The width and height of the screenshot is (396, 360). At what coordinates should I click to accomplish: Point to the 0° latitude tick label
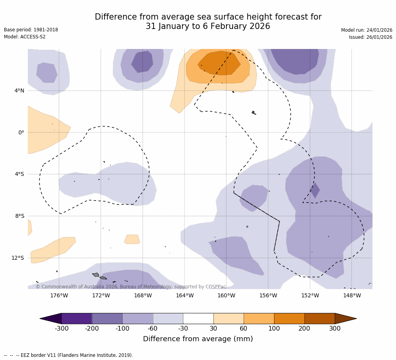21,132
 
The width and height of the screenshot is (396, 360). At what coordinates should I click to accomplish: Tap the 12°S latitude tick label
18,258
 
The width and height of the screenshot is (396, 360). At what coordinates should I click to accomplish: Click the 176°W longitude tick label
59,295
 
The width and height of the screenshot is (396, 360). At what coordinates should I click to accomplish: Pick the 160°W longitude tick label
226,295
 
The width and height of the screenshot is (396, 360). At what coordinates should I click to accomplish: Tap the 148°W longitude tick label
352,295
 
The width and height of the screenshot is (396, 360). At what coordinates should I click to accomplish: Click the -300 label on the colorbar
61,329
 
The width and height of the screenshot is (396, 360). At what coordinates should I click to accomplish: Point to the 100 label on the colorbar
274,329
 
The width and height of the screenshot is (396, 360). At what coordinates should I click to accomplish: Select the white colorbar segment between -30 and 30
198,318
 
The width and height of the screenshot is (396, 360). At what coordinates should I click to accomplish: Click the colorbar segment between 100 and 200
289,318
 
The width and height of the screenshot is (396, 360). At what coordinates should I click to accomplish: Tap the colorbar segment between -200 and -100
107,318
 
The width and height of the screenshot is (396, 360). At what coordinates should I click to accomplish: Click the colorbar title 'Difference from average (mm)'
198,339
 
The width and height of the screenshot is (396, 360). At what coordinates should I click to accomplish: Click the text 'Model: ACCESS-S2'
25,37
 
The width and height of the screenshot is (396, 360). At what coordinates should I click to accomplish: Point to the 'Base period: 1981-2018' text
31,30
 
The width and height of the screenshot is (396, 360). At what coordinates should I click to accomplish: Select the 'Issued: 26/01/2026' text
371,37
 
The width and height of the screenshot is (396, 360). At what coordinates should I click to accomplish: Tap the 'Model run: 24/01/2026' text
367,30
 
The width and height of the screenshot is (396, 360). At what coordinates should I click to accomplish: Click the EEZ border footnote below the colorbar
69,355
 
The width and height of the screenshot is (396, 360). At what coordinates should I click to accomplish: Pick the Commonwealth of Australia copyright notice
131,287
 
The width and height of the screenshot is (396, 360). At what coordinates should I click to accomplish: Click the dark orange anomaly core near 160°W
219,63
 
